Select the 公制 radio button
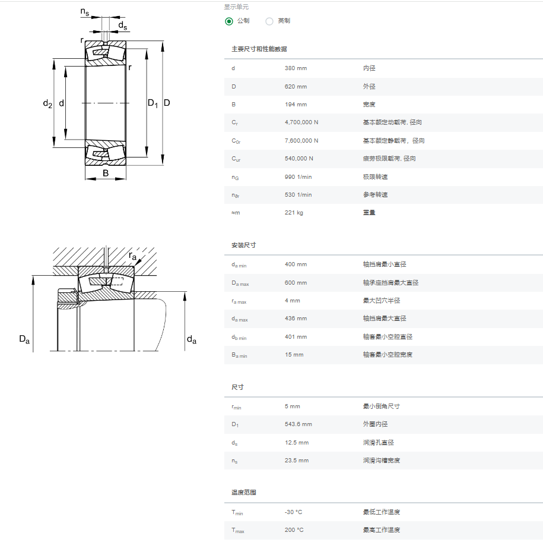(x=229, y=21)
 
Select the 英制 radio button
(x=269, y=21)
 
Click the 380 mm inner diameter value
(x=296, y=68)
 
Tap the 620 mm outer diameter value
(x=296, y=87)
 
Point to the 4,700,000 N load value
(x=301, y=122)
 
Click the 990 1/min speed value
(x=298, y=177)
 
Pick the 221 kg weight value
(x=294, y=213)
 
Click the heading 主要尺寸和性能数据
(x=259, y=49)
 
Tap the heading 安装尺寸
(x=243, y=245)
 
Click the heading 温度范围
(x=243, y=493)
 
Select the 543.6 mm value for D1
(x=298, y=424)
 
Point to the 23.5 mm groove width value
(x=297, y=461)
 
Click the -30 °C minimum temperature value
(x=293, y=512)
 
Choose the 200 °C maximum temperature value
(x=294, y=530)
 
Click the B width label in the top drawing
(x=106, y=173)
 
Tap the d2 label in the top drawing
(x=47, y=103)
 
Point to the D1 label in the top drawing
(x=153, y=103)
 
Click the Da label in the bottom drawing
(x=24, y=339)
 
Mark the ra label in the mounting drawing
(x=132, y=256)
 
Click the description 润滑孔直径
(x=378, y=443)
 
